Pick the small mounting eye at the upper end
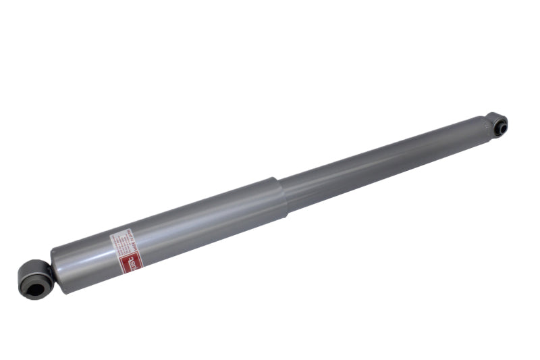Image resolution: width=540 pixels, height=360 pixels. click(x=498, y=124)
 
